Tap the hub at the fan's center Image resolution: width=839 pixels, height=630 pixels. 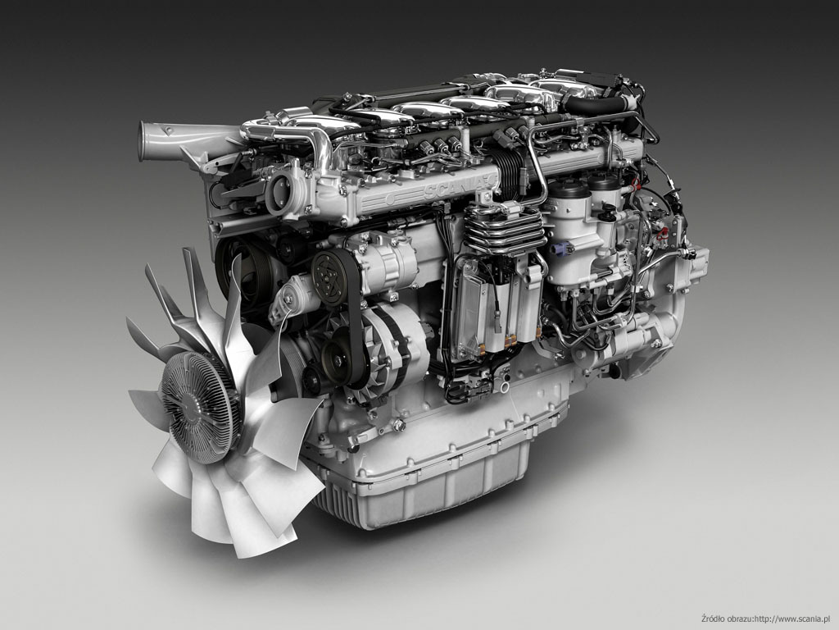pos(198,407)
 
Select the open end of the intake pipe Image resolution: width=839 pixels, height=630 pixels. pos(143,141)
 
